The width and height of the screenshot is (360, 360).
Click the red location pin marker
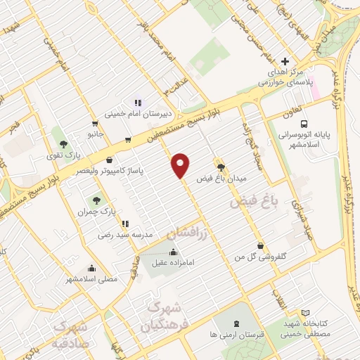coord(181,165)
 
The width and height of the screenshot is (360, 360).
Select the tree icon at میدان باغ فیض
coord(222,167)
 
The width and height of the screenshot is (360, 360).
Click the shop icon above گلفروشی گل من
coord(262,246)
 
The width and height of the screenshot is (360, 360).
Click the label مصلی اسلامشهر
coord(92,279)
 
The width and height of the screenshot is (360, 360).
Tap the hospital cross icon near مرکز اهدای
coord(284,62)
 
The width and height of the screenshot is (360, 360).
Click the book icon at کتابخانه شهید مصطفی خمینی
coord(304,314)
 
